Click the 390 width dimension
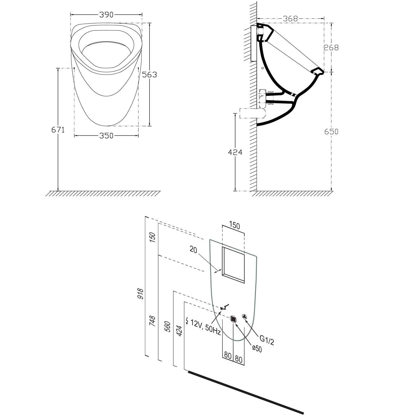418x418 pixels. [x=106, y=15]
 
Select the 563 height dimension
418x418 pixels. [x=149, y=75]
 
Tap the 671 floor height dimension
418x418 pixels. [x=58, y=129]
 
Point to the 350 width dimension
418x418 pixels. [x=106, y=136]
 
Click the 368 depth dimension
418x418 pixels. [x=290, y=19]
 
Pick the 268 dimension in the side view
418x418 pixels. [x=331, y=48]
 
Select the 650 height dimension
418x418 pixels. [x=331, y=131]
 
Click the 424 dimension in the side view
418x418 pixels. [x=235, y=152]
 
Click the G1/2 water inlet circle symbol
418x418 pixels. [x=245, y=316]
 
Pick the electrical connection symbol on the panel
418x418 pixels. [x=224, y=307]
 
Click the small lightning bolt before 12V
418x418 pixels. [x=187, y=321]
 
